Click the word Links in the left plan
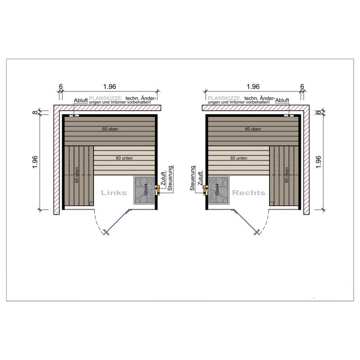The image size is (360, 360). click(114, 193)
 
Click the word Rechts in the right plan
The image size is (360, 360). click(249, 193)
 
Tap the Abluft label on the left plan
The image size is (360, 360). click(81, 100)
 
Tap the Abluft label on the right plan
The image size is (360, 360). click(282, 100)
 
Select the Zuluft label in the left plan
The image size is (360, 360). click(163, 179)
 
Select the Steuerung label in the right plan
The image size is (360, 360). click(193, 178)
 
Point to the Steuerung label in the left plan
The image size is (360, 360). click(170, 178)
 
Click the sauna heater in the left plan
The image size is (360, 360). click(144, 190)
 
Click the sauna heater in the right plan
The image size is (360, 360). click(218, 190)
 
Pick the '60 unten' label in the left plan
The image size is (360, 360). click(124, 158)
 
